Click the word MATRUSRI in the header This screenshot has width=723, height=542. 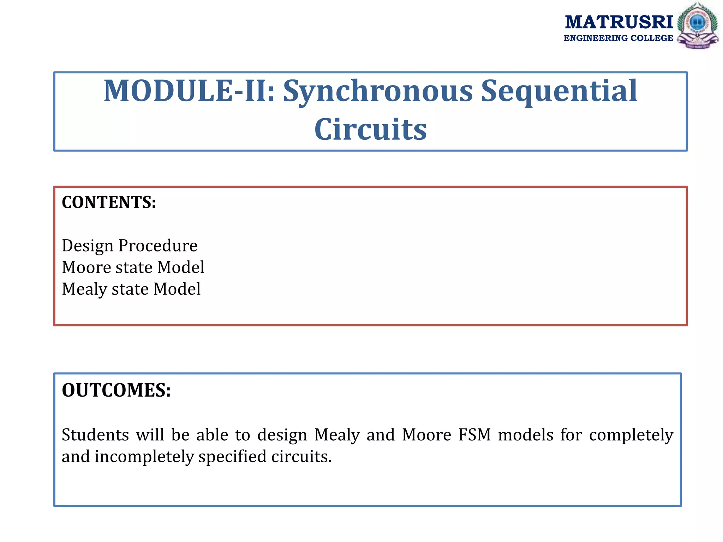tap(619, 22)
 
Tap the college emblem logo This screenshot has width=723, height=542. tap(697, 26)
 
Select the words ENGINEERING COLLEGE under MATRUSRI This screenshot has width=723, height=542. tap(618, 38)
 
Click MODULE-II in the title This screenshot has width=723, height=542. tap(189, 91)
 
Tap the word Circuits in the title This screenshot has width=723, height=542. tap(370, 130)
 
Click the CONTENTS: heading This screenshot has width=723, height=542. tap(109, 203)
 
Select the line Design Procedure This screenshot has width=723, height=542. tap(130, 246)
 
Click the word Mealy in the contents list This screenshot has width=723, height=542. tap(84, 289)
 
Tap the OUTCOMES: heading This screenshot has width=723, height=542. tap(116, 390)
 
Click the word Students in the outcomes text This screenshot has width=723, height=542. tap(95, 435)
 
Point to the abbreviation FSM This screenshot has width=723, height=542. tap(474, 435)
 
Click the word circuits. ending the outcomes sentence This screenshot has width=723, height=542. tap(301, 457)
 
